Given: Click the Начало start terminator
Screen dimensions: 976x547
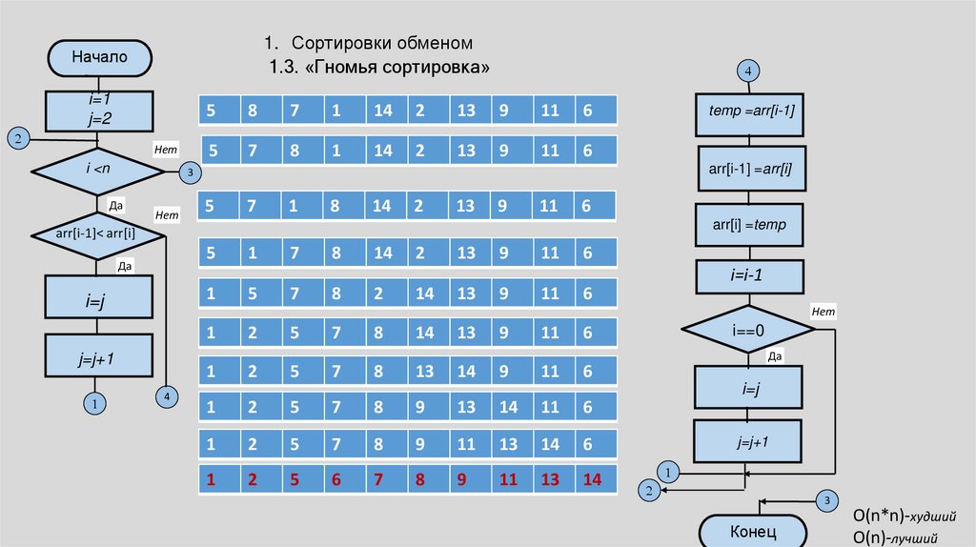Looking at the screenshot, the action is [98, 56].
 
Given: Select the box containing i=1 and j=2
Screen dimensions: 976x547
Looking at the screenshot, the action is [98, 111].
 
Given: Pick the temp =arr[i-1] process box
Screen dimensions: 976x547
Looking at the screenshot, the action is [752, 111].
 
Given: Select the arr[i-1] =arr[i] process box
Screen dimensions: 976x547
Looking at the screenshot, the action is [752, 169].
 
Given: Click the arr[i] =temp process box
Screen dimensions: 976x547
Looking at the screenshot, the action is [752, 227].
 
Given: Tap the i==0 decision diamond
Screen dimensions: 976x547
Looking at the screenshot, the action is [748, 329].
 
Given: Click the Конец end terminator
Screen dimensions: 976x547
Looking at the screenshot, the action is [753, 530].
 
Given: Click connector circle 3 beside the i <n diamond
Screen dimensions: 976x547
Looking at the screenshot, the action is [190, 172].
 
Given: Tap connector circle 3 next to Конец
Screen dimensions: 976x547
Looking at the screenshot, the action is [827, 501].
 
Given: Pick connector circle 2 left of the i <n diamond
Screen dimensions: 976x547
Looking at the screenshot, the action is [18, 139].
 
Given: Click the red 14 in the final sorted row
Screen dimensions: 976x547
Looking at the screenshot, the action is [593, 480].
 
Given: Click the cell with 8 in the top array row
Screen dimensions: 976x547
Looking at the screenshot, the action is [253, 111].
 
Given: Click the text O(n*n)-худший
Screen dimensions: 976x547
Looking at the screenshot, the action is [905, 516].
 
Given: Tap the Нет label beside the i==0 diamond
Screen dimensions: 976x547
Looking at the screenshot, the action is [823, 312].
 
